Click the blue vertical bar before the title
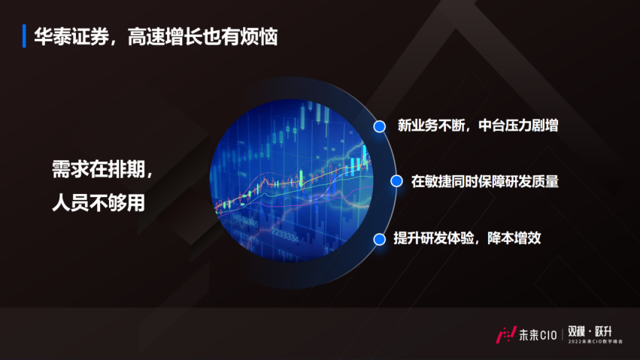25,36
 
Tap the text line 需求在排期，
102,169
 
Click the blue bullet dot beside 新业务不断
380,126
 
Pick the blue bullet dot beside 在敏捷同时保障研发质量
395,181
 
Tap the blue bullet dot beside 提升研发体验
380,239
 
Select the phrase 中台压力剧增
517,126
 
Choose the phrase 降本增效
513,239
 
